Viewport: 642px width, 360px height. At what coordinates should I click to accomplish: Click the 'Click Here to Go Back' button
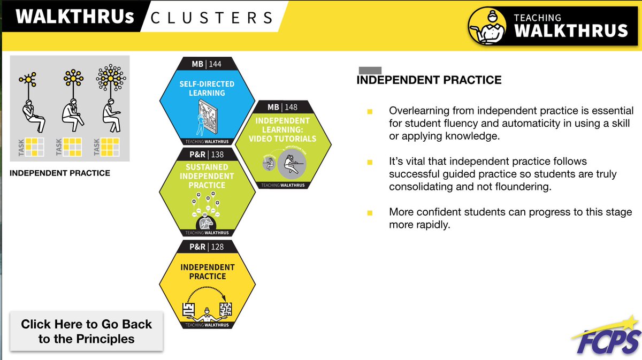(x=86, y=331)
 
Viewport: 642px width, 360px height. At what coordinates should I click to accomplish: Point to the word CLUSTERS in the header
(x=212, y=18)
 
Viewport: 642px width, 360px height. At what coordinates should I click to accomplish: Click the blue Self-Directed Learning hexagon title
(x=207, y=89)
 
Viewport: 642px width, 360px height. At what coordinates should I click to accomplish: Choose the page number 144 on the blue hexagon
(x=215, y=65)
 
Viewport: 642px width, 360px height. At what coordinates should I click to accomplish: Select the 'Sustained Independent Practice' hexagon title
(x=207, y=176)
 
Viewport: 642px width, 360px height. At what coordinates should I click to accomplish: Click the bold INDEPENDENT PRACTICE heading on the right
(x=429, y=80)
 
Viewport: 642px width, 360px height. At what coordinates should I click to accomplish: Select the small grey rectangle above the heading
(x=369, y=70)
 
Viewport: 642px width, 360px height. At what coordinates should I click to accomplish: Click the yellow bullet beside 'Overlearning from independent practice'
(x=369, y=111)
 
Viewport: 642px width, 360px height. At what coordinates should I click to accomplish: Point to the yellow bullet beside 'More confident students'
(x=369, y=213)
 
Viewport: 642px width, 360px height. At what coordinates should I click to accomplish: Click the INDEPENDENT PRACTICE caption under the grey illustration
(x=60, y=173)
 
